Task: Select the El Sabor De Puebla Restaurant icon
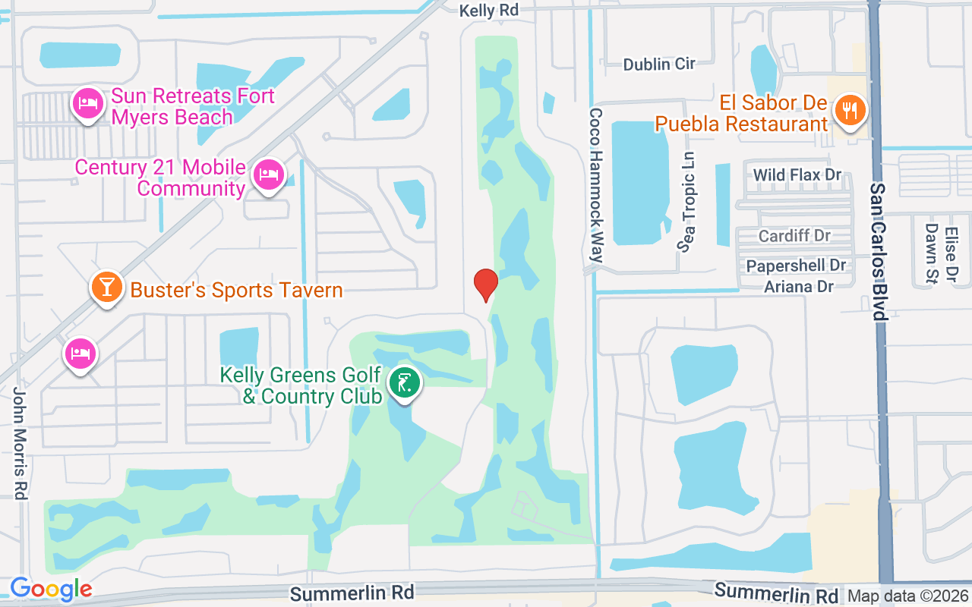pos(848,111)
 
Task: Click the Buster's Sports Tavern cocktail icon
pos(107,288)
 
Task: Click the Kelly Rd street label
pos(489,11)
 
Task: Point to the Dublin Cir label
pos(659,64)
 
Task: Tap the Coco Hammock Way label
pos(596,185)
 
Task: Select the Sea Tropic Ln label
pos(687,201)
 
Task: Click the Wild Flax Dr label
pos(797,175)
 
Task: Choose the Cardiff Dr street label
pos(794,236)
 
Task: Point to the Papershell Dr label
pos(796,266)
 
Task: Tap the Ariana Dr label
pos(799,286)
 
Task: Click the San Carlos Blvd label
pos(879,251)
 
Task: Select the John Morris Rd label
pos(20,443)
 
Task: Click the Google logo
pos(51,588)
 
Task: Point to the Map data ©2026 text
pos(907,596)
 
